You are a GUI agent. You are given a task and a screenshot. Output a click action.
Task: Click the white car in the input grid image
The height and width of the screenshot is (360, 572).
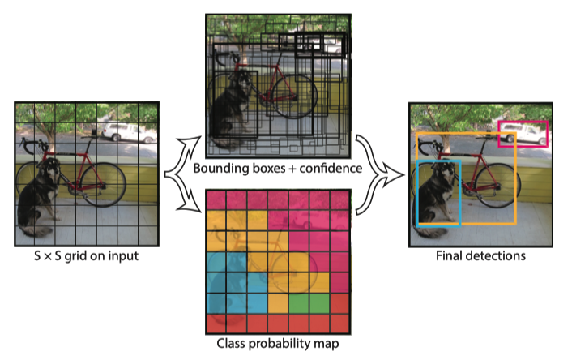click(129, 132)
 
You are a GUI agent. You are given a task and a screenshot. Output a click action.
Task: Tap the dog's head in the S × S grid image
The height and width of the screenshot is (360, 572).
click(52, 168)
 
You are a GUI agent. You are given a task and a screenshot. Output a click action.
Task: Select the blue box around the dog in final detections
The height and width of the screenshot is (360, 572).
click(418, 193)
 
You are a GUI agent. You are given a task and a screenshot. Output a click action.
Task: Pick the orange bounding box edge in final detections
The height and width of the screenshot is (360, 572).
click(516, 178)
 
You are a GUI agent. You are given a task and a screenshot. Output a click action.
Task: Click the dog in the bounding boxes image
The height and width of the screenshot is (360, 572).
click(230, 109)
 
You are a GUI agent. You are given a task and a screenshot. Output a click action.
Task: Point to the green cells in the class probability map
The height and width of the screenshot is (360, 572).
click(309, 304)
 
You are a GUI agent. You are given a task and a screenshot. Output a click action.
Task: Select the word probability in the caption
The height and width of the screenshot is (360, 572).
click(279, 344)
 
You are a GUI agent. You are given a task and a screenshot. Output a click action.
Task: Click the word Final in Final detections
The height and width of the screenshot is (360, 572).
click(448, 255)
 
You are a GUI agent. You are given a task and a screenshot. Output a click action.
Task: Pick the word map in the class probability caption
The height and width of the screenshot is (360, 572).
click(327, 345)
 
